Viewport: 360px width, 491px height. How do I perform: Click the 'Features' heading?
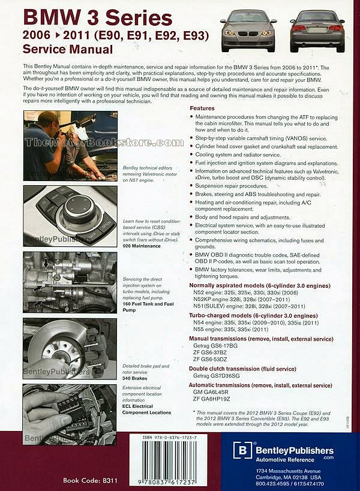202,107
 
